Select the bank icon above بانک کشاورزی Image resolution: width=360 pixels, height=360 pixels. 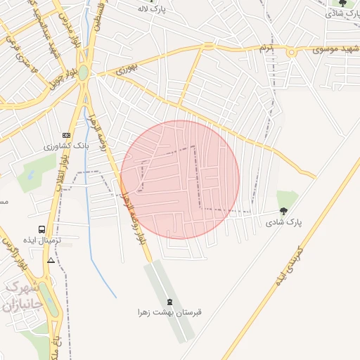[67, 135]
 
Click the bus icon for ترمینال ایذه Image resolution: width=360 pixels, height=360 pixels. [42, 229]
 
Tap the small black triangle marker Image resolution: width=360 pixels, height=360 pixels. [51, 260]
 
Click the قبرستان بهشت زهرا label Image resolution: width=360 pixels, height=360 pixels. [170, 311]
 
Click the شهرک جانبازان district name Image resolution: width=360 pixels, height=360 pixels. [21, 297]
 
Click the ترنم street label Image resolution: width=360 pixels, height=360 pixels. [264, 49]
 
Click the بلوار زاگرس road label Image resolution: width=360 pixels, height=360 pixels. [10, 250]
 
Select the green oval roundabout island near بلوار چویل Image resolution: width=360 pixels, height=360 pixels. [83, 72]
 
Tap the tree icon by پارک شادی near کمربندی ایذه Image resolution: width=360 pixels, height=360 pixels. [283, 210]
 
